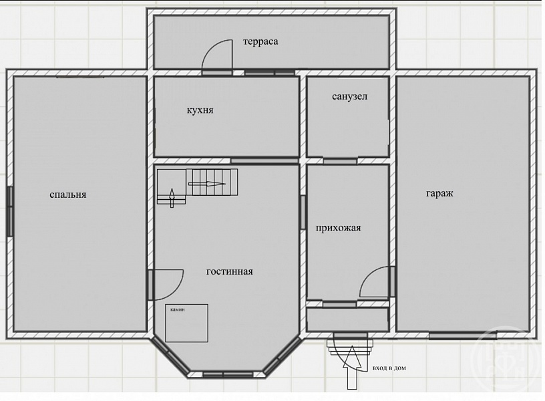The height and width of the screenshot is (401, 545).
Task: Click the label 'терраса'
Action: pyautogui.click(x=260, y=41)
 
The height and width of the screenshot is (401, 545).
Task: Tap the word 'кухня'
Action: pyautogui.click(x=200, y=110)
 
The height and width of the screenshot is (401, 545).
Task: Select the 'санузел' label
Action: pyautogui.click(x=349, y=96)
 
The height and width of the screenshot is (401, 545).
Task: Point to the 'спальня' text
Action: pyautogui.click(x=67, y=194)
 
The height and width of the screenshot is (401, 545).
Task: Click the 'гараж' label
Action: pyautogui.click(x=439, y=193)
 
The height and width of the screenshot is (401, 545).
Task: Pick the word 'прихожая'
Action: pyautogui.click(x=338, y=228)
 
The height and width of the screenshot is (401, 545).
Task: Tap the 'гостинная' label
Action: pyautogui.click(x=229, y=271)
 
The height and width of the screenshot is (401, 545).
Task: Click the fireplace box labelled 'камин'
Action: pyautogui.click(x=186, y=323)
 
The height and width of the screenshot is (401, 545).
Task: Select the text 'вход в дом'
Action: pyautogui.click(x=389, y=368)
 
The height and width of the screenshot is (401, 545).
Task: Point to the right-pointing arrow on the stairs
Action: pyautogui.click(x=207, y=184)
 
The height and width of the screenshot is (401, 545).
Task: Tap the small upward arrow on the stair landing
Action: pyautogui.click(x=172, y=198)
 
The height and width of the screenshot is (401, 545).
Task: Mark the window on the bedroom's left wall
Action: pyautogui.click(x=10, y=211)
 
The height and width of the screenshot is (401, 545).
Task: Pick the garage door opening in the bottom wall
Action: pyautogui.click(x=462, y=336)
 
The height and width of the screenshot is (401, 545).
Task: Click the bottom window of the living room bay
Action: pyautogui.click(x=228, y=374)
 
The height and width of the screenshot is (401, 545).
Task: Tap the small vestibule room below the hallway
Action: pyautogui.click(x=347, y=319)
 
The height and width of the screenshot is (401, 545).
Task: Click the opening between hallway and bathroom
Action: pyautogui.click(x=340, y=161)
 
